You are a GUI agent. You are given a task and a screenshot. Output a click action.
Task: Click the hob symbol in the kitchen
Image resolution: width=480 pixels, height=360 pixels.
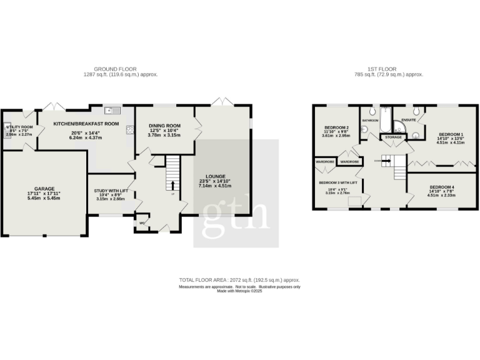(130, 130)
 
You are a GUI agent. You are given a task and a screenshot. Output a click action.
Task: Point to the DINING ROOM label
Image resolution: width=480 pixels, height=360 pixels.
(164, 126)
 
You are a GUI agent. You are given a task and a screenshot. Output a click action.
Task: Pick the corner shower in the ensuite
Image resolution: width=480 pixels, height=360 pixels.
(413, 131)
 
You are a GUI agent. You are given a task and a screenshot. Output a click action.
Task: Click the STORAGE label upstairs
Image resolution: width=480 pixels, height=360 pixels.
(393, 136)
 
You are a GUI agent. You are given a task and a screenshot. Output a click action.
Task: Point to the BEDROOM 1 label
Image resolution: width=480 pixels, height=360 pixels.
(451, 134)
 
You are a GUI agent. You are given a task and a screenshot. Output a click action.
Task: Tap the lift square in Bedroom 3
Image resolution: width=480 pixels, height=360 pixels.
(356, 200)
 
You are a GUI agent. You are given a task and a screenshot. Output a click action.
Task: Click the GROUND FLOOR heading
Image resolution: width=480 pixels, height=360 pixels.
(115, 69)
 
